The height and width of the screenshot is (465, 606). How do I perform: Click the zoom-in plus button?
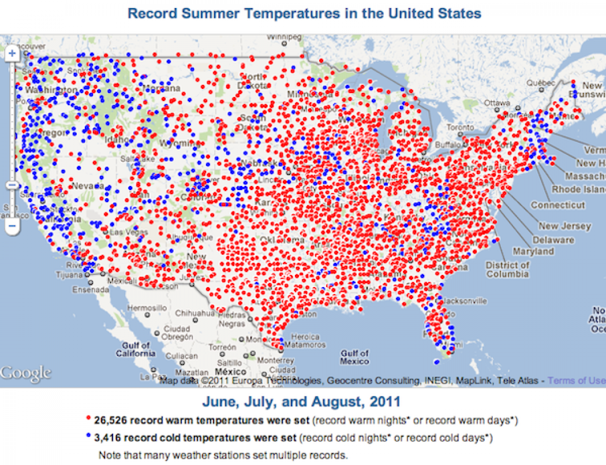[x=13, y=53]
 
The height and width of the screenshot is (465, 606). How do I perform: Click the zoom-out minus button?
[x=13, y=225]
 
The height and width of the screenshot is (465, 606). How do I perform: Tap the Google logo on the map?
[x=25, y=374]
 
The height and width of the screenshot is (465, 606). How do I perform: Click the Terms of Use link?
[x=576, y=380]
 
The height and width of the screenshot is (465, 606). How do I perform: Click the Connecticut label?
[x=558, y=205]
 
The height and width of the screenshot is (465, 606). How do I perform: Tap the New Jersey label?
[x=564, y=226]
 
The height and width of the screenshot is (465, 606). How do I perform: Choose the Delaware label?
[x=553, y=240]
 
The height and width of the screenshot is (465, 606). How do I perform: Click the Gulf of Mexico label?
[x=354, y=357]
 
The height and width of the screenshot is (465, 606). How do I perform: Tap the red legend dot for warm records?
[x=88, y=418]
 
